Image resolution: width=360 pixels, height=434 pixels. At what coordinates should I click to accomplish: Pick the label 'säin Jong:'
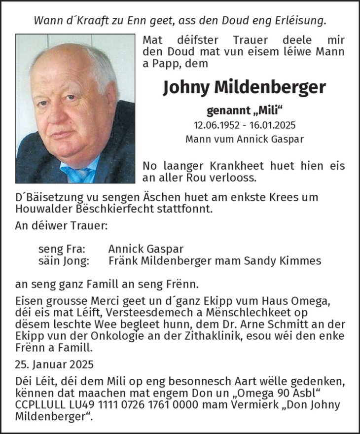(64, 261)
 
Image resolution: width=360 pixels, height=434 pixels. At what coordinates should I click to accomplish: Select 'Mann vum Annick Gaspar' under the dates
(244, 139)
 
